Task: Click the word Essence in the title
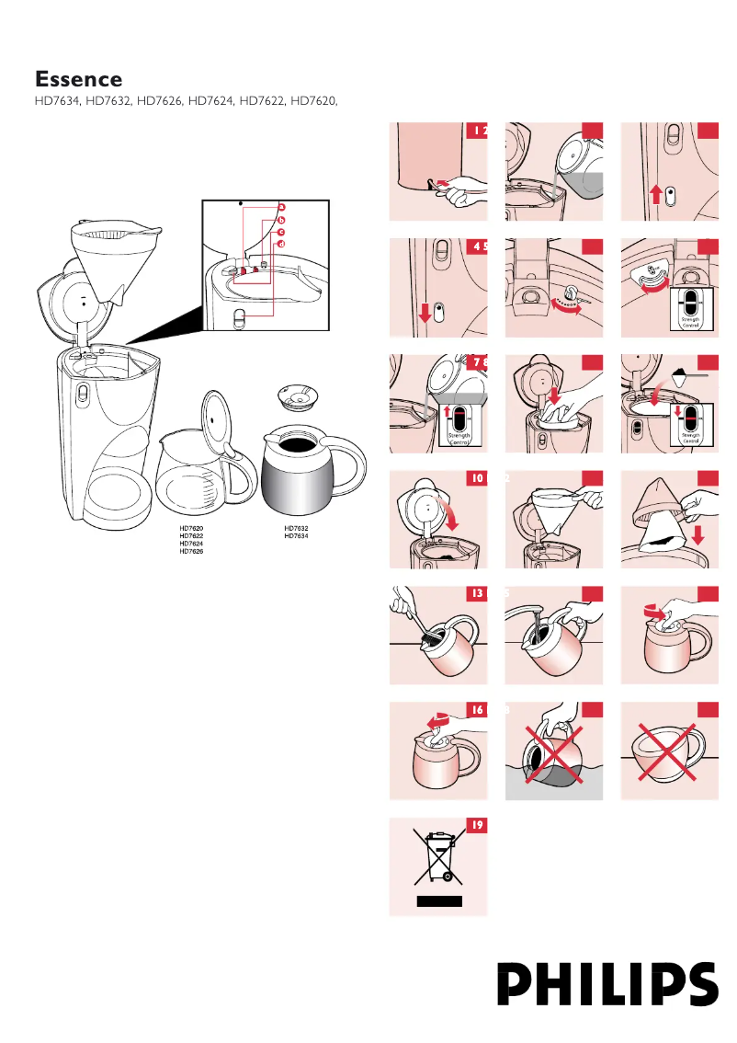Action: tap(78, 79)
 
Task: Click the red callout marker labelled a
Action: tap(282, 208)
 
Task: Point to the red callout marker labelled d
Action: tap(281, 244)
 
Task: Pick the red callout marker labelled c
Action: tap(281, 232)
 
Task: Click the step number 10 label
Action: tap(475, 477)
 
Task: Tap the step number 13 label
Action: tap(475, 593)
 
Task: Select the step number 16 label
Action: tap(475, 709)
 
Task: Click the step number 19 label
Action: tap(475, 825)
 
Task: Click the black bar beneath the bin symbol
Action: tap(437, 901)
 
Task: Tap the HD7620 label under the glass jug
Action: tap(191, 529)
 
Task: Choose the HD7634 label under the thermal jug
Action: tap(296, 536)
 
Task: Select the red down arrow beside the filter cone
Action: tap(697, 534)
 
